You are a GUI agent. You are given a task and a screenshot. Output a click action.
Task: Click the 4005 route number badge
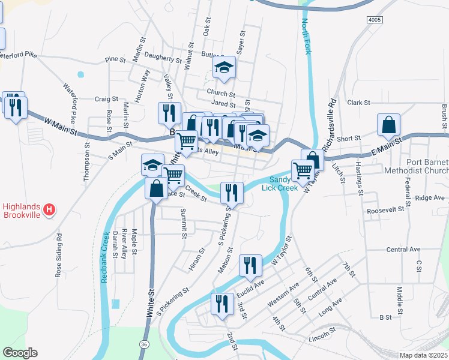tap(374, 20)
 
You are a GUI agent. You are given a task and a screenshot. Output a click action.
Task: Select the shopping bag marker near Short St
tap(389, 125)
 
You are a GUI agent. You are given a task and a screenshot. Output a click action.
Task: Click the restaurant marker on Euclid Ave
tap(250, 265)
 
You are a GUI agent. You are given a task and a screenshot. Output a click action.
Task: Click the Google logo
tap(20, 353)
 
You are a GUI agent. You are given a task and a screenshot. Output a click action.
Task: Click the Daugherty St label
tap(163, 59)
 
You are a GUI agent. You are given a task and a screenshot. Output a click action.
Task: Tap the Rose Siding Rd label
tap(58, 254)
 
